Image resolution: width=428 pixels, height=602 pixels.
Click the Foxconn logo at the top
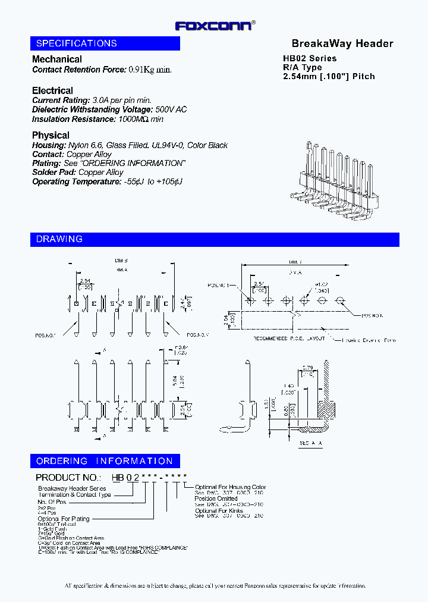click(214, 26)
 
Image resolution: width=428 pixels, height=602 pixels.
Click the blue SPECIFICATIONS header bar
click(105, 43)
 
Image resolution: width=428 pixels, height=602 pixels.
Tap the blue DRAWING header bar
click(215, 239)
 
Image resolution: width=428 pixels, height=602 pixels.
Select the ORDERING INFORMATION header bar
click(105, 461)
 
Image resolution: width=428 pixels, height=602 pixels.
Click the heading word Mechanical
click(57, 59)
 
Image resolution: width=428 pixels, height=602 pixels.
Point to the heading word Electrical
click(52, 91)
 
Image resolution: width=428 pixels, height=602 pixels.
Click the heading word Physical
click(51, 136)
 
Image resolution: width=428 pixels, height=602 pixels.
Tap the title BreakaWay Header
click(342, 43)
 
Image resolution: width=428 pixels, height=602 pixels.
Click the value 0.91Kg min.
click(150, 70)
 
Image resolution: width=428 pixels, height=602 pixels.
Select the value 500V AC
click(171, 110)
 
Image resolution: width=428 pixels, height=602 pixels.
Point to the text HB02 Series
click(309, 58)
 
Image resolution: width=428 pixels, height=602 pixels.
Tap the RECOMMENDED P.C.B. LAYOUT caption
click(289, 338)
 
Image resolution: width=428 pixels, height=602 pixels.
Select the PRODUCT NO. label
click(67, 478)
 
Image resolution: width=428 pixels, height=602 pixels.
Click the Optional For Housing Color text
click(230, 487)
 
